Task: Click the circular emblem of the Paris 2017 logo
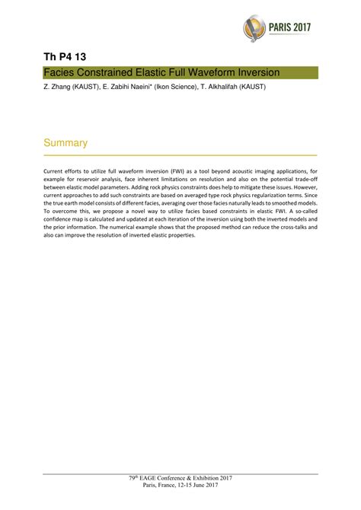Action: click(257, 28)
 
